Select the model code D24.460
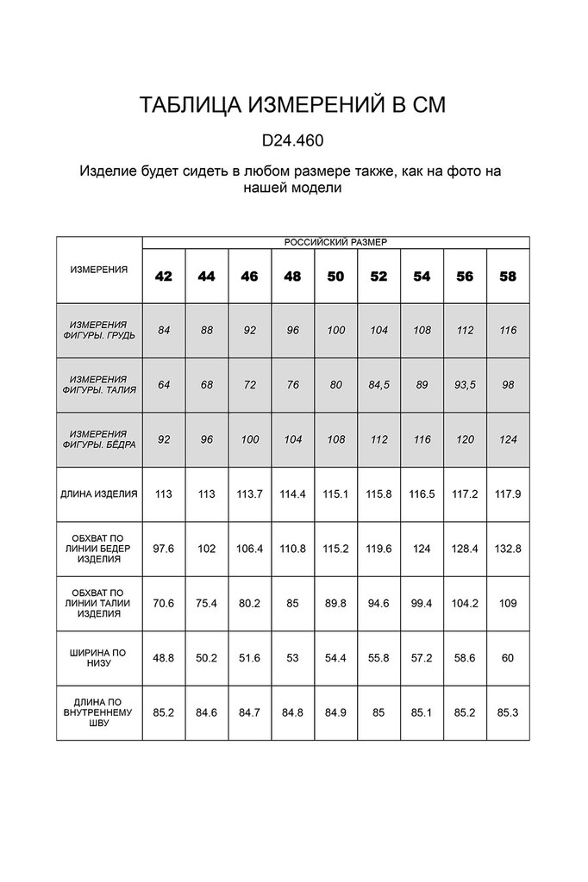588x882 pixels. [293, 140]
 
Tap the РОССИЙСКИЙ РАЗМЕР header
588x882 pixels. [335, 243]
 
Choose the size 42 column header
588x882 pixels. [164, 276]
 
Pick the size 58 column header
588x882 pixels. [509, 276]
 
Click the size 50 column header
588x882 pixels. [336, 276]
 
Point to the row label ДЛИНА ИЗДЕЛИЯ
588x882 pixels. [99, 494]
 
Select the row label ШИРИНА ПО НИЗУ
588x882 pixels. [99, 657]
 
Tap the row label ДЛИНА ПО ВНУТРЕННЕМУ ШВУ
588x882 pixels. [99, 712]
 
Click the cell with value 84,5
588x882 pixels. [379, 385]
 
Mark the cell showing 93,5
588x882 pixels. [466, 385]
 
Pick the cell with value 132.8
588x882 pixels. [509, 549]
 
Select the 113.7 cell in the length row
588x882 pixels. [250, 494]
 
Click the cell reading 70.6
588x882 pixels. [164, 603]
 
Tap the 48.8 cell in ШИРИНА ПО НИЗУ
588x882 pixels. [164, 657]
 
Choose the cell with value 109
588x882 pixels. [509, 603]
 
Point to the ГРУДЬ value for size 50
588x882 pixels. [336, 330]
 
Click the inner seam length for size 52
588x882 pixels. [379, 712]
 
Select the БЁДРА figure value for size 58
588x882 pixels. [509, 439]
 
